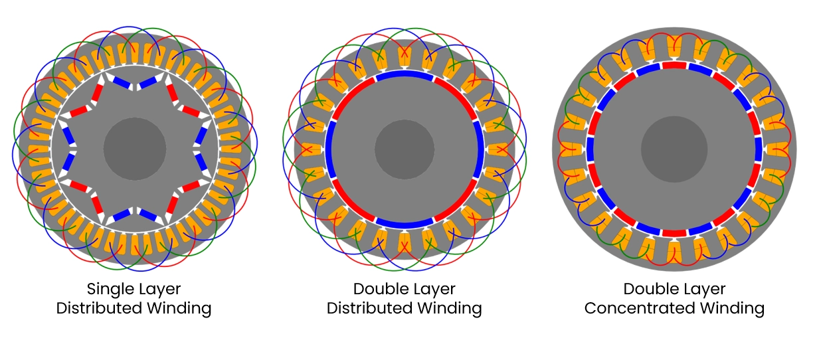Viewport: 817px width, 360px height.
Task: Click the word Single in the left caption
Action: [108, 289]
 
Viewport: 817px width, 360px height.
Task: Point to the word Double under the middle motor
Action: [377, 289]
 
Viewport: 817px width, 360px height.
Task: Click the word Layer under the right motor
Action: [704, 289]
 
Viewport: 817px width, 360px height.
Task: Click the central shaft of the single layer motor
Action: [135, 149]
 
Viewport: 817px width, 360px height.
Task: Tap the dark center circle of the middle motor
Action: [405, 149]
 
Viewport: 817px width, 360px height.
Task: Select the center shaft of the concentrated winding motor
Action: [674, 149]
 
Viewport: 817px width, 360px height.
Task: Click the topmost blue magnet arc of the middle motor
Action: [405, 74]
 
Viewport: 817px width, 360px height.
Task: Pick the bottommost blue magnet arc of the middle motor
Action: [405, 224]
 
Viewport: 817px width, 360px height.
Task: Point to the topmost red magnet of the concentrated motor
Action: [674, 64]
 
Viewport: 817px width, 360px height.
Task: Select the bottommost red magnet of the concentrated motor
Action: [674, 233]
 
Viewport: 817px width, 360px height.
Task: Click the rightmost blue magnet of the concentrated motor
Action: [758, 149]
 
